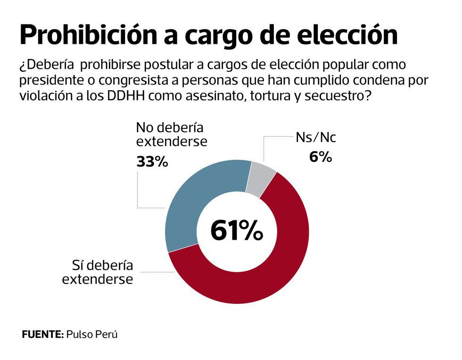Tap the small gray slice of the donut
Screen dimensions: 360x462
(x=261, y=179)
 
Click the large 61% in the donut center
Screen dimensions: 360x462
(x=236, y=231)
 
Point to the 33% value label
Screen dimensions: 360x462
(x=152, y=162)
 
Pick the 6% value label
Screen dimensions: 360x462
(x=321, y=157)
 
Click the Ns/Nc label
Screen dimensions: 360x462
(x=316, y=138)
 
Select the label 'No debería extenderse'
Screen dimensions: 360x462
(x=171, y=134)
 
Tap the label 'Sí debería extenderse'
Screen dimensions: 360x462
(x=97, y=272)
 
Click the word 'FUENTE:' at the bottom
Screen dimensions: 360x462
(x=42, y=335)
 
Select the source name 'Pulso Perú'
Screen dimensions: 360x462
(x=92, y=335)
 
